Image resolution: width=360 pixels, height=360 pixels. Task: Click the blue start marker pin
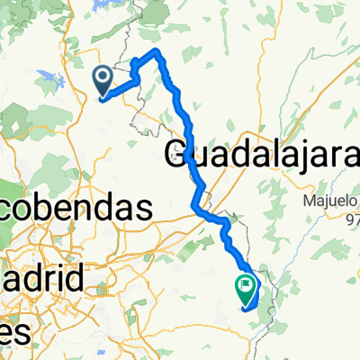[103, 80]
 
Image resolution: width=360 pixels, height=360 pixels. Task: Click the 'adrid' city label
[41, 274]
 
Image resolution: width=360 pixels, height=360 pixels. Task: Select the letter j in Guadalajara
[294, 157]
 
